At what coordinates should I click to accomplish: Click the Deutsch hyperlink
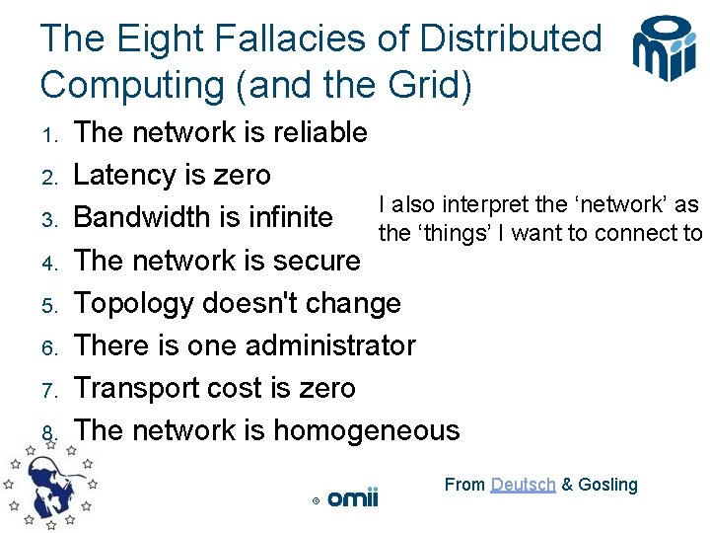click(523, 485)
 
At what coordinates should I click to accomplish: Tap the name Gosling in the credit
click(607, 485)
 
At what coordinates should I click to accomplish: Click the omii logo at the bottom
click(352, 497)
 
